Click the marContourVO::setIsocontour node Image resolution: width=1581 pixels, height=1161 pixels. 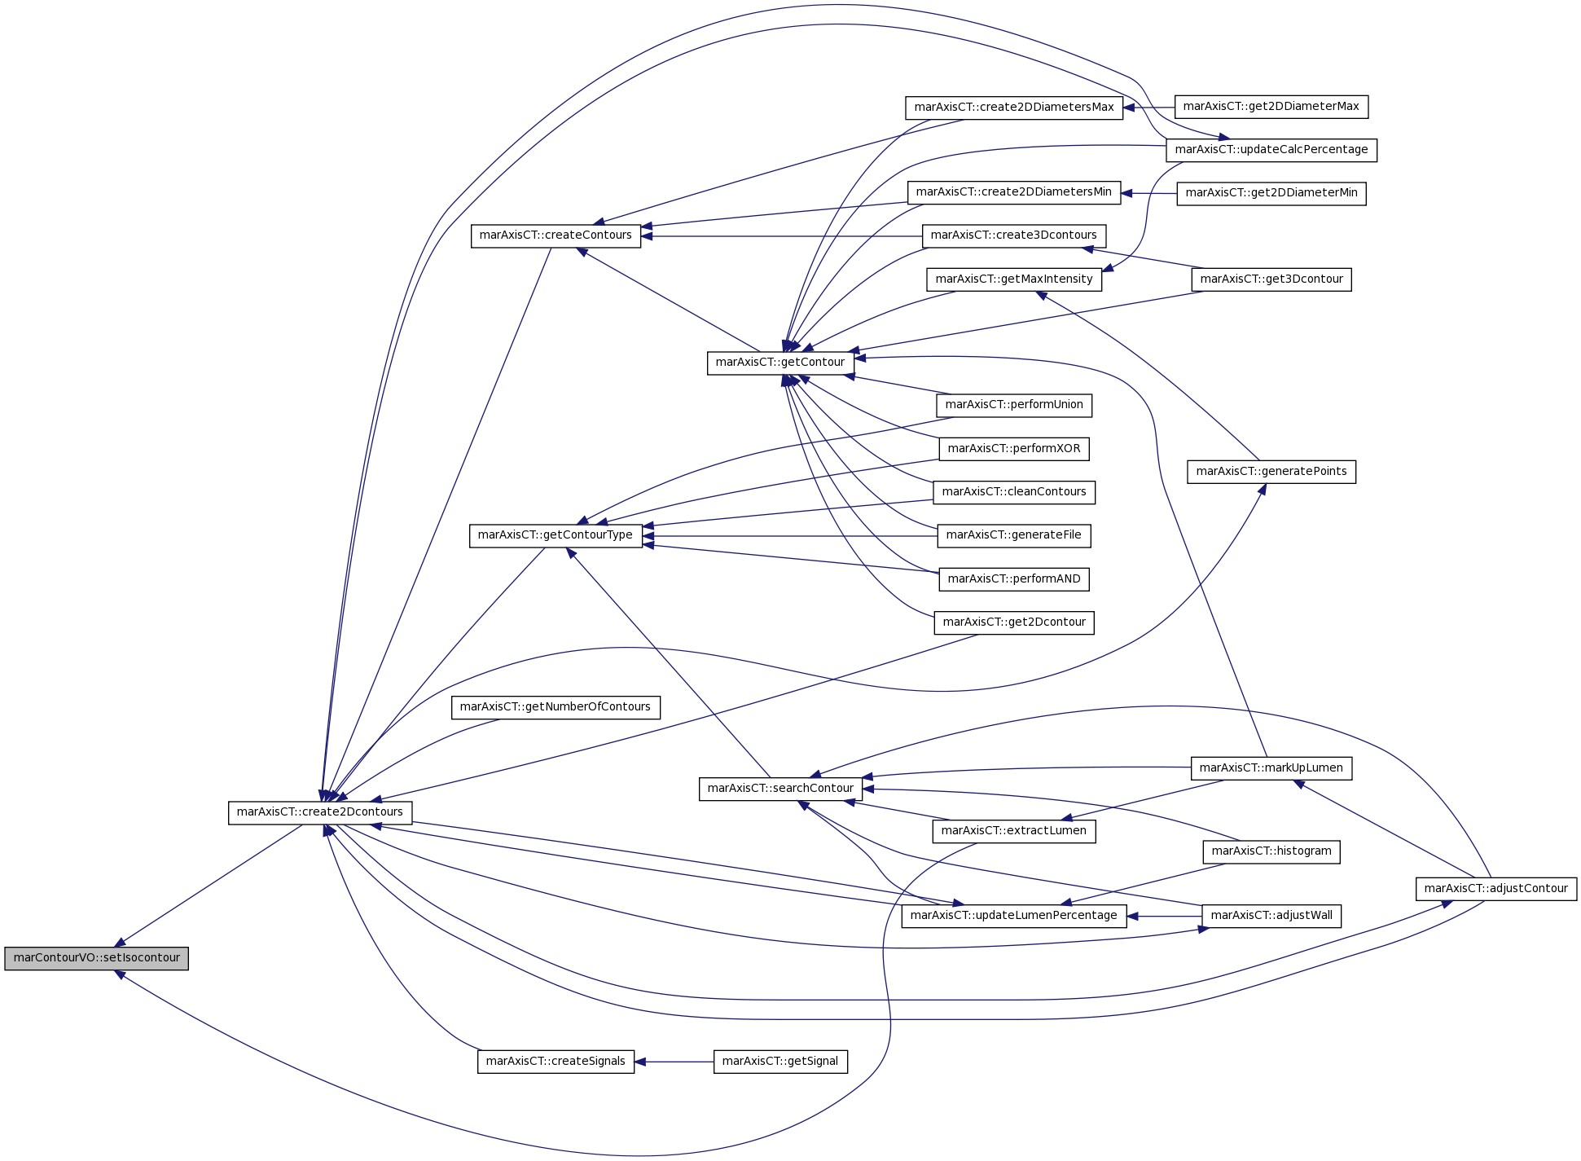[x=96, y=958]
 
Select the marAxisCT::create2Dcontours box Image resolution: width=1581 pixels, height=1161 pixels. [x=320, y=812]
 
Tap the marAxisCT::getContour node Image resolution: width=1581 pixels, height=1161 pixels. [x=780, y=363]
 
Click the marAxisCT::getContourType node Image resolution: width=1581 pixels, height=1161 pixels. [x=556, y=536]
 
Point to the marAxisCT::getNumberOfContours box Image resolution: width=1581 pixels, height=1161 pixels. [x=556, y=707]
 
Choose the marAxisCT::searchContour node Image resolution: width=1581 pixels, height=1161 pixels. [x=780, y=789]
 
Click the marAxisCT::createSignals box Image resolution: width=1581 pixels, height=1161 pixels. [x=556, y=1062]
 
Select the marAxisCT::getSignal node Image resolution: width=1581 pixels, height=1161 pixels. [x=780, y=1062]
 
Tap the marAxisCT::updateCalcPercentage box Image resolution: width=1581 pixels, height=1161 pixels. [x=1271, y=150]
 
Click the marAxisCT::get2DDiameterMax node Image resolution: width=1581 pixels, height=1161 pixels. [x=1271, y=107]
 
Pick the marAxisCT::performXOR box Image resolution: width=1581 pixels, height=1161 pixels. [x=1014, y=449]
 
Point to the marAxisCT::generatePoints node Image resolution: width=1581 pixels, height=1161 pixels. [x=1271, y=472]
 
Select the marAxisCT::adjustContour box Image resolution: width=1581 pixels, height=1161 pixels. [x=1496, y=889]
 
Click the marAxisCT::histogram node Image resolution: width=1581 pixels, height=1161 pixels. [x=1271, y=851]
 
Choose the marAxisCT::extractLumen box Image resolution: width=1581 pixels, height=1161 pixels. [x=1014, y=831]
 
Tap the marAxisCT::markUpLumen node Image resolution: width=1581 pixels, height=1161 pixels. [x=1271, y=768]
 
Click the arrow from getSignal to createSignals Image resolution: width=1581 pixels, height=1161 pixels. [x=674, y=1062]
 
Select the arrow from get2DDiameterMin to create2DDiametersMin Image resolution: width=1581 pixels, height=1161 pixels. [x=1149, y=194]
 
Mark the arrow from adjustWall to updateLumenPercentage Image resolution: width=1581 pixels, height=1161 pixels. [x=1165, y=917]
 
